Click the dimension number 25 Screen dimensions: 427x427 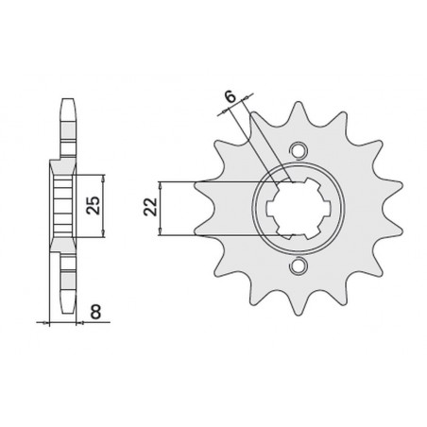point(94,206)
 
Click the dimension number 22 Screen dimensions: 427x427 point(151,207)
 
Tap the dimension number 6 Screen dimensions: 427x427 point(231,96)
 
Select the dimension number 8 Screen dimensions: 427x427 point(95,313)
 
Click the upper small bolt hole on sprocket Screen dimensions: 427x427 point(298,149)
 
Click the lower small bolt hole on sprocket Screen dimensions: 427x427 point(298,265)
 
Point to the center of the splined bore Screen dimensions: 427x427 point(298,209)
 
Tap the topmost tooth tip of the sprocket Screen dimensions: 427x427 point(298,102)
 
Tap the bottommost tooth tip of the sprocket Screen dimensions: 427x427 point(298,314)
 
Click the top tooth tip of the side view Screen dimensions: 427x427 point(69,100)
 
